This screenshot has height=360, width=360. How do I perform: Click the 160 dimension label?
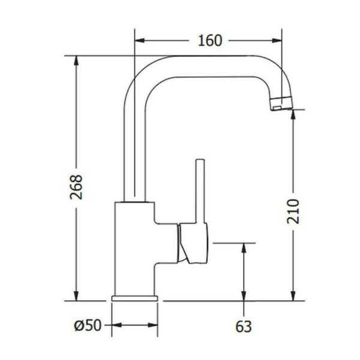point(210,41)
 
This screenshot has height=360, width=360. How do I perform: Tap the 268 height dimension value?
point(76,187)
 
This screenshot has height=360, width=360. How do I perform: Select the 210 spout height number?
point(293,211)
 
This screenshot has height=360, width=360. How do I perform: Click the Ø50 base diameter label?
point(88,325)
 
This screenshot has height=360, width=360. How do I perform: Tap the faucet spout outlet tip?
point(281,104)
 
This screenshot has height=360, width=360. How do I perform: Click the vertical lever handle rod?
point(200,191)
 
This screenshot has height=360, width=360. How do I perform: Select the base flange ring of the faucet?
point(134,298)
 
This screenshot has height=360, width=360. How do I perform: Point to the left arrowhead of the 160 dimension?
point(140,41)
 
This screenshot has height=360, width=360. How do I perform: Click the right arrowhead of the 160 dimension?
point(277,41)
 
